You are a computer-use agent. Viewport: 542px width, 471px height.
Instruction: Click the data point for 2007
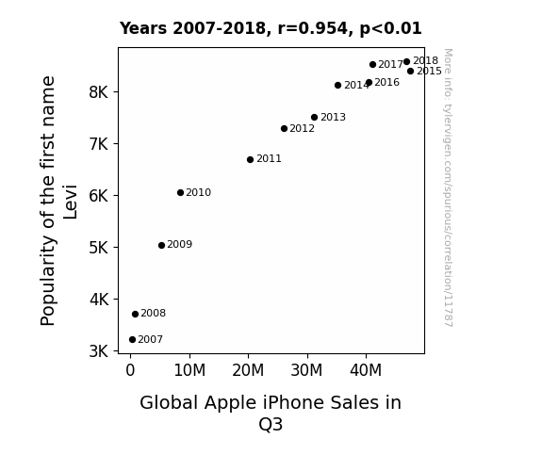tap(132, 340)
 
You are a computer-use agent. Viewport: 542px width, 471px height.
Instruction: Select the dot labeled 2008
tap(135, 314)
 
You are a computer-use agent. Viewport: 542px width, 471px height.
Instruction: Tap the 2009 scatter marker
tap(161, 245)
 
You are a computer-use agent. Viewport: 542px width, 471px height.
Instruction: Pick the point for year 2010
tap(180, 193)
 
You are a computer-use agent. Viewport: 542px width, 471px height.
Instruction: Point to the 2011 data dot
tap(250, 159)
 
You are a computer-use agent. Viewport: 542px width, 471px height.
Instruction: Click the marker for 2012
tap(284, 128)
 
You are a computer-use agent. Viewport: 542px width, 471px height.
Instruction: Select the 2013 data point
tap(314, 118)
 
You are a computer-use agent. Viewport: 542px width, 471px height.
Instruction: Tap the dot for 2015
tap(410, 72)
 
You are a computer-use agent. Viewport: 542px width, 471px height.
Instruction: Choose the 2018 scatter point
tap(407, 62)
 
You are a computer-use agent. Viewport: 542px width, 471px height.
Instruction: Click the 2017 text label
tap(390, 65)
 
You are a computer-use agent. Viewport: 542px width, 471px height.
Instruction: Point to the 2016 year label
tap(386, 83)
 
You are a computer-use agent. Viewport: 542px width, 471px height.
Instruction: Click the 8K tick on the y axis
tap(99, 92)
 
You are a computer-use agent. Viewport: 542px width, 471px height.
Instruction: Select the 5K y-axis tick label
tap(99, 248)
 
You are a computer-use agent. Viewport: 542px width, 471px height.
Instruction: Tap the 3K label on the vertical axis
tap(99, 351)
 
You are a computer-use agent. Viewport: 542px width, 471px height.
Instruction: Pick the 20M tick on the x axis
tap(248, 370)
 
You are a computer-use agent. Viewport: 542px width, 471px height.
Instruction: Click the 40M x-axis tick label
tap(366, 370)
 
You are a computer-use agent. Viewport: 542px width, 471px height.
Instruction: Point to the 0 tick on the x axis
tap(130, 370)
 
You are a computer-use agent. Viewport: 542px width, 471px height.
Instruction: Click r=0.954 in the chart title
tap(313, 28)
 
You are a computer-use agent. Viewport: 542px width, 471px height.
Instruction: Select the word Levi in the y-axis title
tap(70, 203)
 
